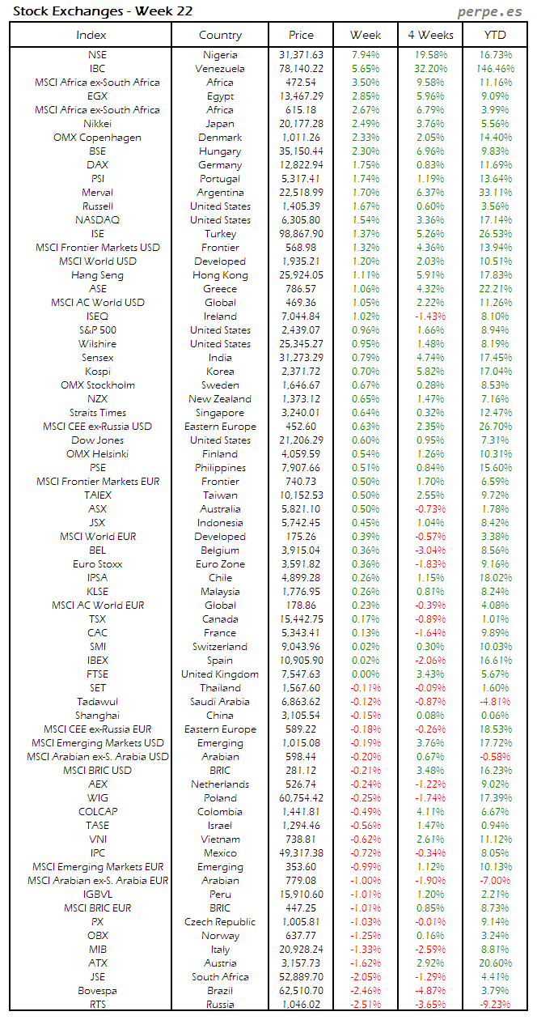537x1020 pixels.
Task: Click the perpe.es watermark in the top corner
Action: tap(490, 11)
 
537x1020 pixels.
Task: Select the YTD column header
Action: tap(496, 35)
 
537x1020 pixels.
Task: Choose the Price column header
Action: tap(301, 35)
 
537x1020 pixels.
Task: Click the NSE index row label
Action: tap(97, 55)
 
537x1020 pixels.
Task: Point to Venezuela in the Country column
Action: tap(220, 69)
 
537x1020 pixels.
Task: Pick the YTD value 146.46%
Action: tap(496, 69)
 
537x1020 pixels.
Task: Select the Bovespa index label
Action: tap(97, 990)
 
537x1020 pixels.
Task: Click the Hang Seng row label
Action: tap(97, 275)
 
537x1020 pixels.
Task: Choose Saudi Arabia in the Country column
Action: tap(220, 702)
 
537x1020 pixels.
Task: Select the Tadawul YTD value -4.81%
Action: tap(496, 702)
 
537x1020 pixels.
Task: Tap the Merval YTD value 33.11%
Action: tap(496, 193)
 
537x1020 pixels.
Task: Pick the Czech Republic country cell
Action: tap(220, 922)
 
